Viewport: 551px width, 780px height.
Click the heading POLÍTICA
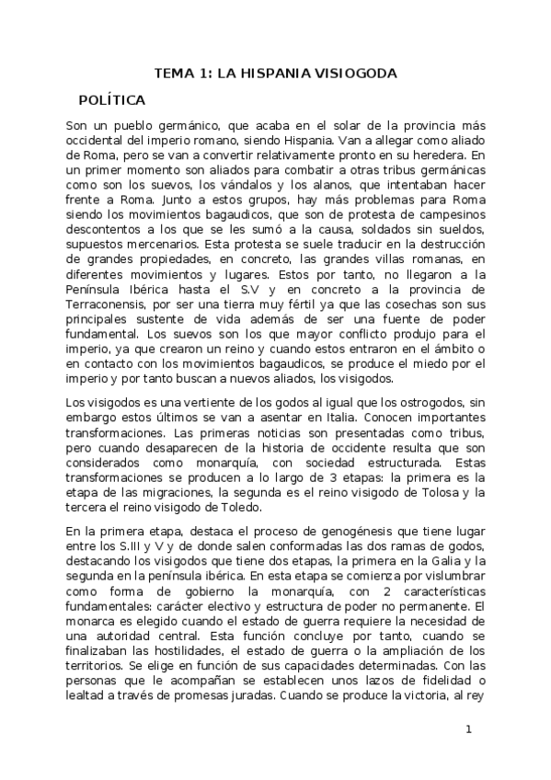(111, 98)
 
